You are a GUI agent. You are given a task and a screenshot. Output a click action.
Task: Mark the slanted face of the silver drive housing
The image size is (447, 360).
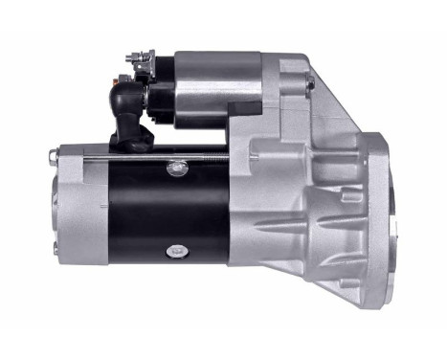(x=325, y=105)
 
